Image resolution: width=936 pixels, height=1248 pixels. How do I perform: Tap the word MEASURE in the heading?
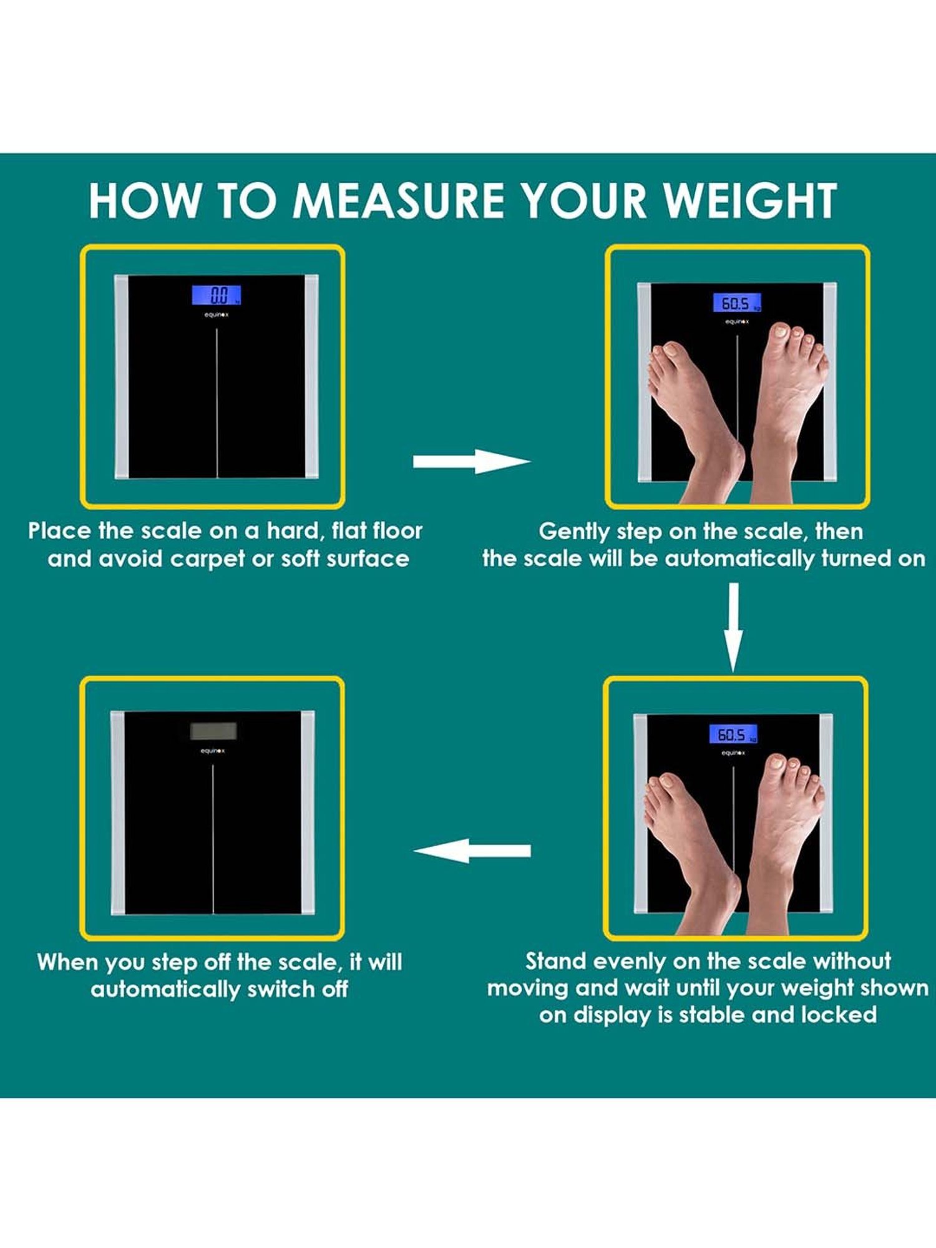point(397,201)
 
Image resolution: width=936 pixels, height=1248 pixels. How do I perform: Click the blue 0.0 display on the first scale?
point(216,295)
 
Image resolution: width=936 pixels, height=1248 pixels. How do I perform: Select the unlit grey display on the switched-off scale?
point(213,731)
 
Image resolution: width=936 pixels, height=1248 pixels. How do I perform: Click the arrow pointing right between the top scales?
point(471,461)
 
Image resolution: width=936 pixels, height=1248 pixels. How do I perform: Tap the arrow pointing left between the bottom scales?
point(472,851)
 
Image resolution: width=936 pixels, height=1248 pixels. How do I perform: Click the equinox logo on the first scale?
point(216,315)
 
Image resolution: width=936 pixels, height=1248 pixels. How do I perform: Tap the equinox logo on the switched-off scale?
point(212,751)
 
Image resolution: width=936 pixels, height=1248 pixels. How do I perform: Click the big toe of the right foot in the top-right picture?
point(781,331)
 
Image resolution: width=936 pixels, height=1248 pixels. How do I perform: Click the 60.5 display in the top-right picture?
point(736,303)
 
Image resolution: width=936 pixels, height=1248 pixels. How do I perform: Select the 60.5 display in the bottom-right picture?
point(733,734)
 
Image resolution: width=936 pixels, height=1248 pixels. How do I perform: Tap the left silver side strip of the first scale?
point(121,376)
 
